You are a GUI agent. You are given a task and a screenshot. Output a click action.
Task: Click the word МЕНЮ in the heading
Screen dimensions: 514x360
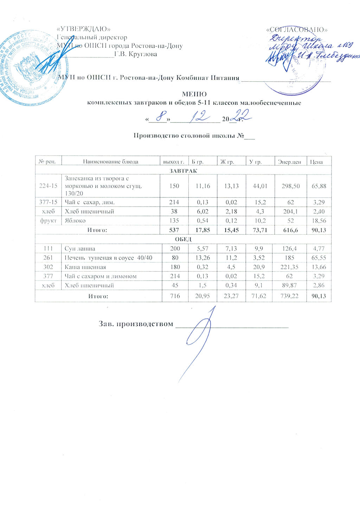tap(194, 94)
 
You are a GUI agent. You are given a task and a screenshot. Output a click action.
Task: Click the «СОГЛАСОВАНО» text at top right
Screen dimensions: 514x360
tap(297, 29)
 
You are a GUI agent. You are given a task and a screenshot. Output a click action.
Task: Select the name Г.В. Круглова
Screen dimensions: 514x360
tap(136, 54)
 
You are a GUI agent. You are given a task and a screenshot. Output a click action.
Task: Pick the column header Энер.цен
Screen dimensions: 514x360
tap(289, 162)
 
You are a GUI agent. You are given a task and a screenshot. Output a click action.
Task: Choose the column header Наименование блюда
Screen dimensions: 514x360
tap(110, 162)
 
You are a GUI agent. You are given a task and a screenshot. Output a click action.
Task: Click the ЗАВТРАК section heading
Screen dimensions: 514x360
tap(183, 171)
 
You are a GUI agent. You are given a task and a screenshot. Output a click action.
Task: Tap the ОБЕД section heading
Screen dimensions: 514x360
tap(183, 239)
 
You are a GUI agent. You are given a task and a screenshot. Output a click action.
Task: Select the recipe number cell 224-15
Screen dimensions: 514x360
tap(48, 186)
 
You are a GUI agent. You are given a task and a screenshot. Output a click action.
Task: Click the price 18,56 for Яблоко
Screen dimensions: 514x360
tap(319, 221)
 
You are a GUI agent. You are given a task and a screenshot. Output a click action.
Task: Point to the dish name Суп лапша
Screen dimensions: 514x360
tap(79, 248)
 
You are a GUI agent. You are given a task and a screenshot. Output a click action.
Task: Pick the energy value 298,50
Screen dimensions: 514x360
tap(290, 186)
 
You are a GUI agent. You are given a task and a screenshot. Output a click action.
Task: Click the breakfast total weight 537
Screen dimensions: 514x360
tap(174, 230)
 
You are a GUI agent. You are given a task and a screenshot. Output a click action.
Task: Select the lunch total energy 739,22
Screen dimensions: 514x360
tap(290, 297)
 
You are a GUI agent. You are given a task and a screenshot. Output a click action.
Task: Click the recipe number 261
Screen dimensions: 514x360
tap(48, 258)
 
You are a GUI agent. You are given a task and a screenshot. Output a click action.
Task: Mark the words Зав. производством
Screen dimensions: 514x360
tap(136, 324)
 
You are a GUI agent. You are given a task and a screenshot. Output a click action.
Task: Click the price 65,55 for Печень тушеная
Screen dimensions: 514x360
tap(319, 258)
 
